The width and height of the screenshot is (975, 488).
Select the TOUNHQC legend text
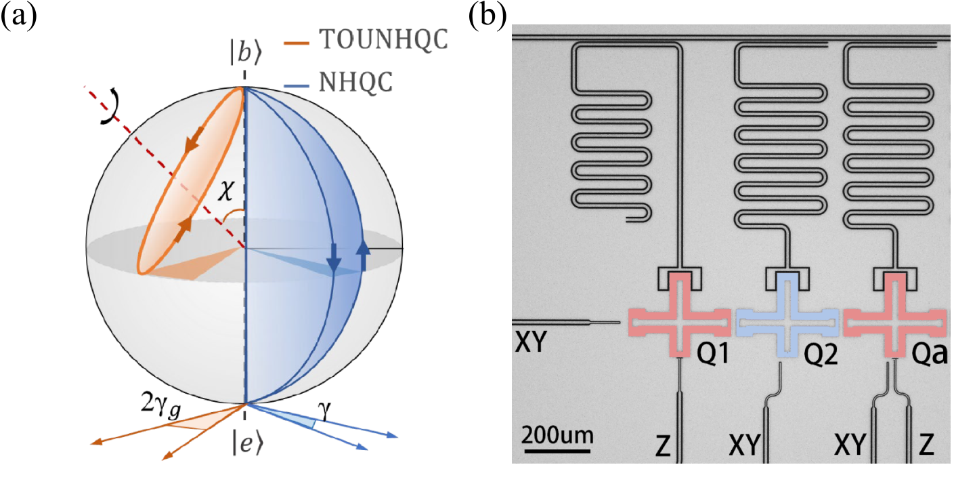point(383,39)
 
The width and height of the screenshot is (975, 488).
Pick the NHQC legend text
point(355,82)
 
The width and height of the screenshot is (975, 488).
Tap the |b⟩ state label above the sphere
point(246,53)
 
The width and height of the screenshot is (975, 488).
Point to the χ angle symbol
point(226,190)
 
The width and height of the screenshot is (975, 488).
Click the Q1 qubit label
point(712,353)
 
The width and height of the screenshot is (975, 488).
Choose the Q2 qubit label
point(821,354)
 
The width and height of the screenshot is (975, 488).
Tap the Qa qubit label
point(929,354)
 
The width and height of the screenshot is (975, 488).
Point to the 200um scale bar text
point(558,436)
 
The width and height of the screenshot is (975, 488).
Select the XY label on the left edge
point(530,342)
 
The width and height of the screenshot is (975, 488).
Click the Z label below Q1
point(663,446)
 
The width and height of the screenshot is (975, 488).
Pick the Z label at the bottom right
point(927,445)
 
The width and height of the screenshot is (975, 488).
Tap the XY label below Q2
point(744,445)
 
